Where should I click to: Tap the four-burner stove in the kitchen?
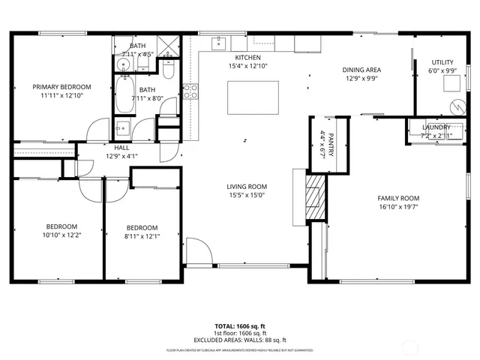tap(191, 91)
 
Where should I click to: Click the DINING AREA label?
tap(362, 69)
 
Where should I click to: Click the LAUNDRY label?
tap(436, 127)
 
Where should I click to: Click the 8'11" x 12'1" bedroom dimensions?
tap(142, 236)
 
